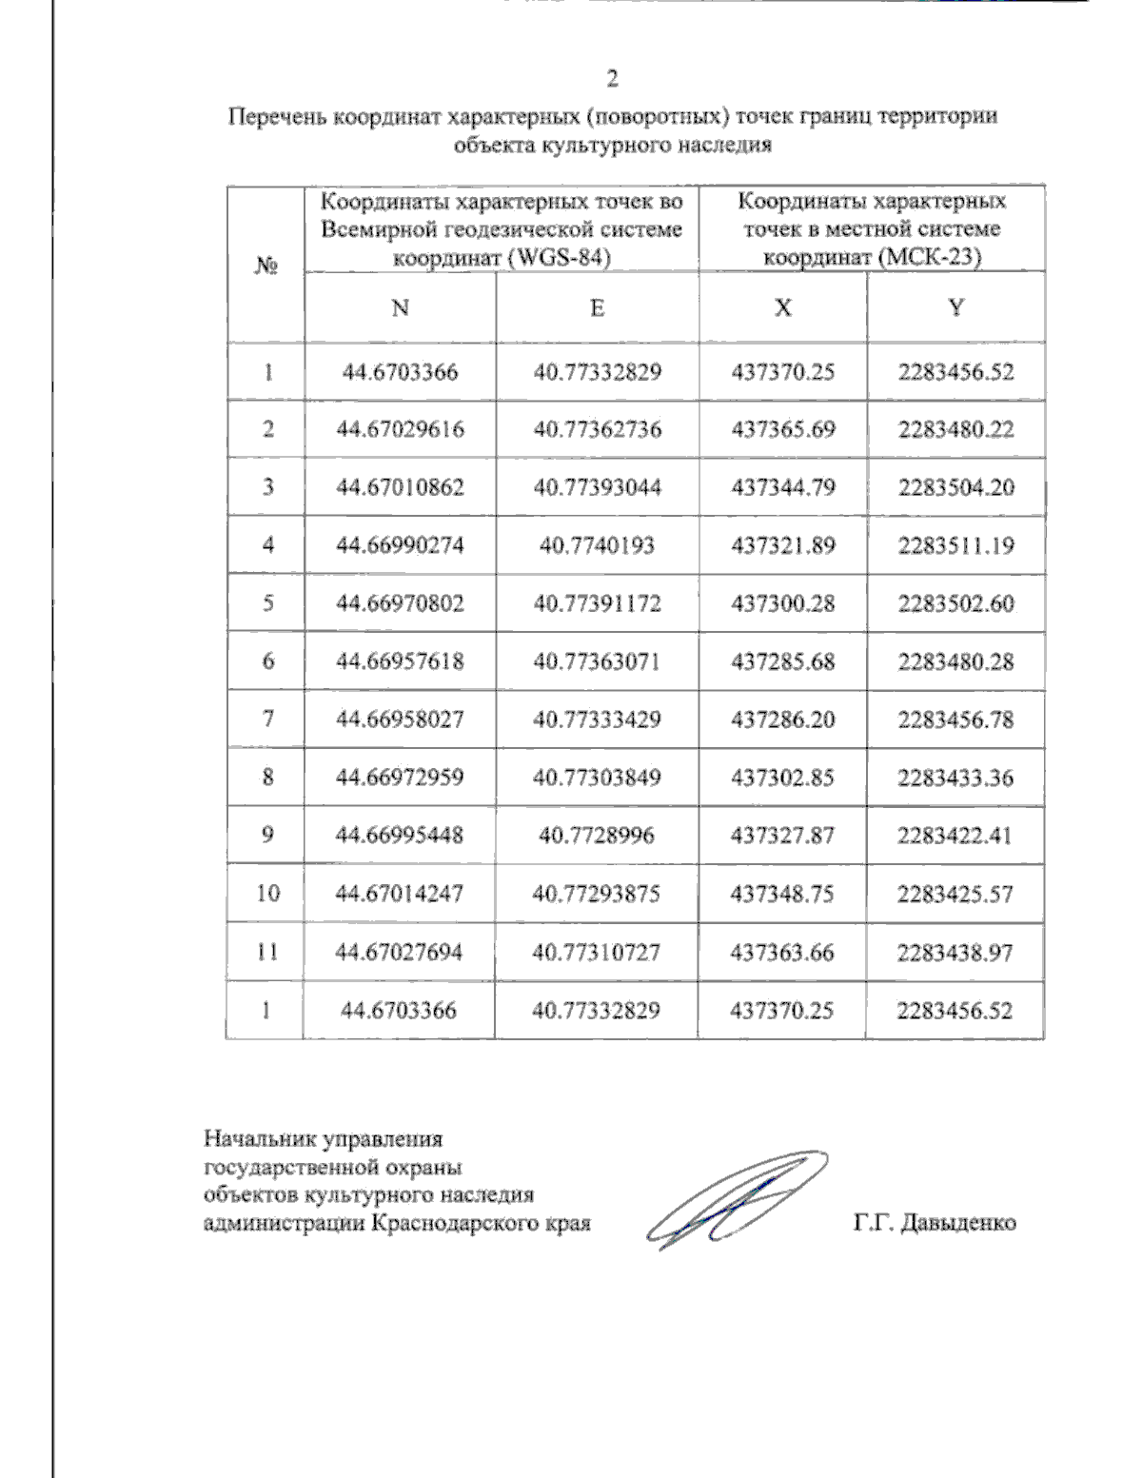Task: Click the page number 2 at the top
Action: [612, 78]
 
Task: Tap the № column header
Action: [266, 266]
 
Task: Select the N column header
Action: [401, 307]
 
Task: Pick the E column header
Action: [597, 307]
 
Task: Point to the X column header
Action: [782, 307]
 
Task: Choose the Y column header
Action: [956, 307]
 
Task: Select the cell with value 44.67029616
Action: [401, 429]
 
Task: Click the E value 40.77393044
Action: [597, 487]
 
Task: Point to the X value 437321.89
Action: [782, 545]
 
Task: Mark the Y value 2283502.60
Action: [956, 603]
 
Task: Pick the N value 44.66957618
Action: [401, 661]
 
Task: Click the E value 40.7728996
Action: [597, 836]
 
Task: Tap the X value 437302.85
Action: [782, 778]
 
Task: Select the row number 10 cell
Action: [267, 894]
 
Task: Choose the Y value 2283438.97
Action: [956, 952]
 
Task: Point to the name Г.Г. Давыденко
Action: [934, 1223]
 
